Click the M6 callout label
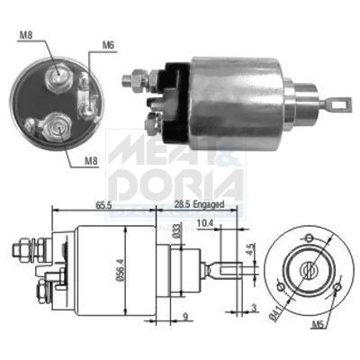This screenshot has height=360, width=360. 107,44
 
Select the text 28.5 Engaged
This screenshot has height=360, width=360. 200,205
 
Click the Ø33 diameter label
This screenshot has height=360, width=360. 176,231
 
